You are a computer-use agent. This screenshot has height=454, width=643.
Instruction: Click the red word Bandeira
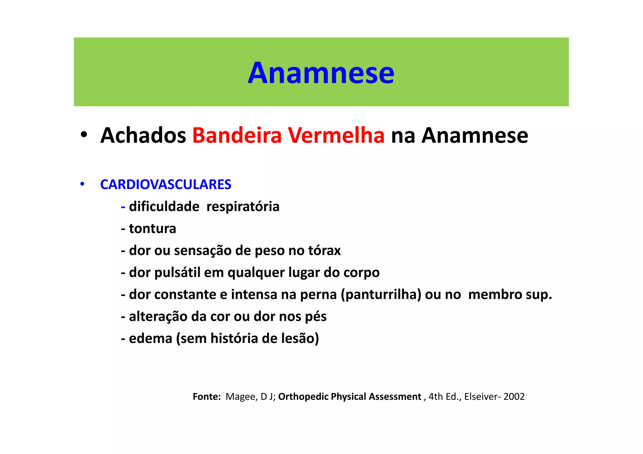[x=237, y=136]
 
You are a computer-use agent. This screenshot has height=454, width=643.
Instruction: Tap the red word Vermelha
[x=336, y=136]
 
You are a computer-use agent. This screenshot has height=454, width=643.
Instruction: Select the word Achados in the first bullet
[x=143, y=136]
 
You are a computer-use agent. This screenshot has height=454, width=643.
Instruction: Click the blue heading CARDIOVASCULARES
[x=165, y=184]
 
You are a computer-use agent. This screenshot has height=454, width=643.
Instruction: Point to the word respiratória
[x=243, y=207]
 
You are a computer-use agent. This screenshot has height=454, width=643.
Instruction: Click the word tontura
[x=152, y=229]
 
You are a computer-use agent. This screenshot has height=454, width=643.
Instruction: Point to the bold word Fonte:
[x=207, y=397]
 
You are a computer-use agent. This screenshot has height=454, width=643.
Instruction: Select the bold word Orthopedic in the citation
[x=303, y=397]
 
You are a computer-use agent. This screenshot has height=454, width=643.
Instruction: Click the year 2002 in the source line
[x=514, y=397]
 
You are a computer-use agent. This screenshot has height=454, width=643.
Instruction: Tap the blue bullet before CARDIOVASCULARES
[x=82, y=184]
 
